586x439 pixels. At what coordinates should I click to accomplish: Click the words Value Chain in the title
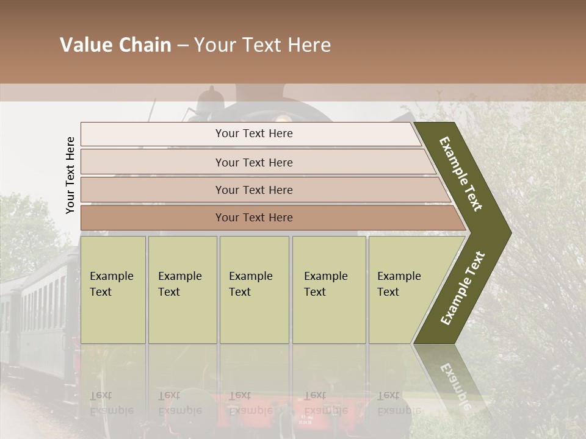[115, 45]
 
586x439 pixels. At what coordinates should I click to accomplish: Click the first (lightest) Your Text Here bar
[253, 134]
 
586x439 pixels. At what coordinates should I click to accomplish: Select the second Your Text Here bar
[253, 162]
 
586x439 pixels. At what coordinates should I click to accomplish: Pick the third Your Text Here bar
[253, 190]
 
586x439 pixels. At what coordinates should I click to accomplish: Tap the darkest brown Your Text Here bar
[253, 218]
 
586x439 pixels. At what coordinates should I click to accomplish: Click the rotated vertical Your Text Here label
[70, 175]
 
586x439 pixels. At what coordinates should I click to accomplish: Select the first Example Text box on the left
[113, 290]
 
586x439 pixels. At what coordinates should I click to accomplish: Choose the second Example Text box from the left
[182, 290]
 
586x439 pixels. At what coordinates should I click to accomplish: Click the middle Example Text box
[254, 290]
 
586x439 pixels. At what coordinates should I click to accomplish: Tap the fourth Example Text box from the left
[328, 290]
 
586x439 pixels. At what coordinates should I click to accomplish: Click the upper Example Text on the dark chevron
[461, 174]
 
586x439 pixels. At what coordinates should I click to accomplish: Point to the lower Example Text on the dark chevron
[463, 288]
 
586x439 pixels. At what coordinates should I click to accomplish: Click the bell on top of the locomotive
[211, 95]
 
